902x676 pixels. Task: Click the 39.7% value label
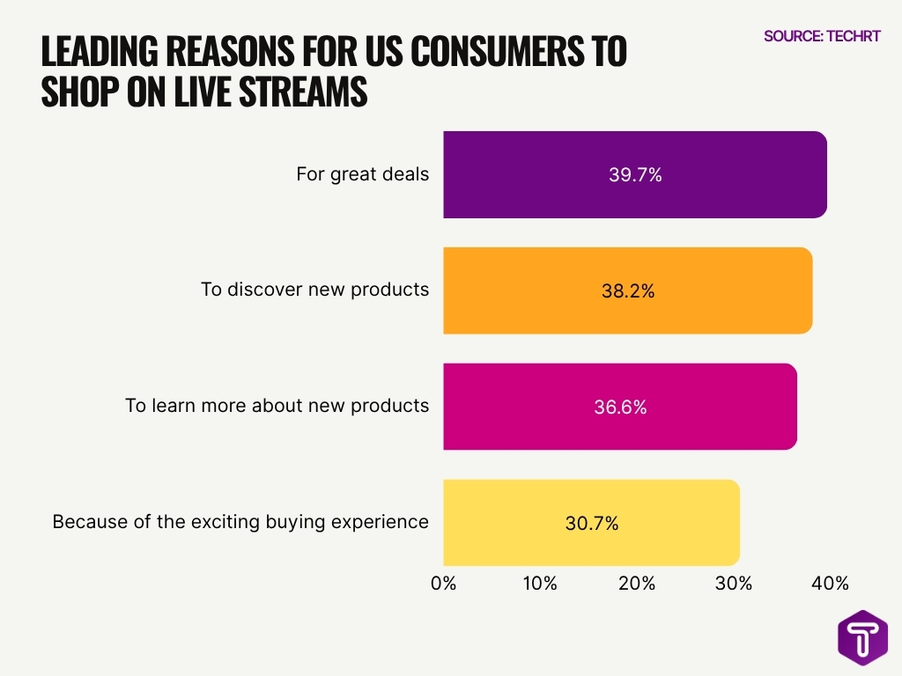[x=635, y=174]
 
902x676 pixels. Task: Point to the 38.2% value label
[x=627, y=290]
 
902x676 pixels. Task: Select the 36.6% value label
[x=620, y=407]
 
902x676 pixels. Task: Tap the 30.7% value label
[x=591, y=523]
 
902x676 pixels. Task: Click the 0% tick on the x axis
[x=443, y=583]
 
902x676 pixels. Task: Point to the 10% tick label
[x=539, y=583]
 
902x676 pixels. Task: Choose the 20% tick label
[x=636, y=583]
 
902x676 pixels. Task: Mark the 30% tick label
[x=733, y=583]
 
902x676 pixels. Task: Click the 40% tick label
[x=830, y=583]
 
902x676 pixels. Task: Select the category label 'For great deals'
[x=362, y=174]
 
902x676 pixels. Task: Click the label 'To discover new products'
[x=314, y=290]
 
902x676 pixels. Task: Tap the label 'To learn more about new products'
[x=277, y=406]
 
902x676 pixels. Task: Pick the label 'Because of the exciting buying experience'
[x=240, y=522]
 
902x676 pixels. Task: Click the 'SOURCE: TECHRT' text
[x=821, y=36]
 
